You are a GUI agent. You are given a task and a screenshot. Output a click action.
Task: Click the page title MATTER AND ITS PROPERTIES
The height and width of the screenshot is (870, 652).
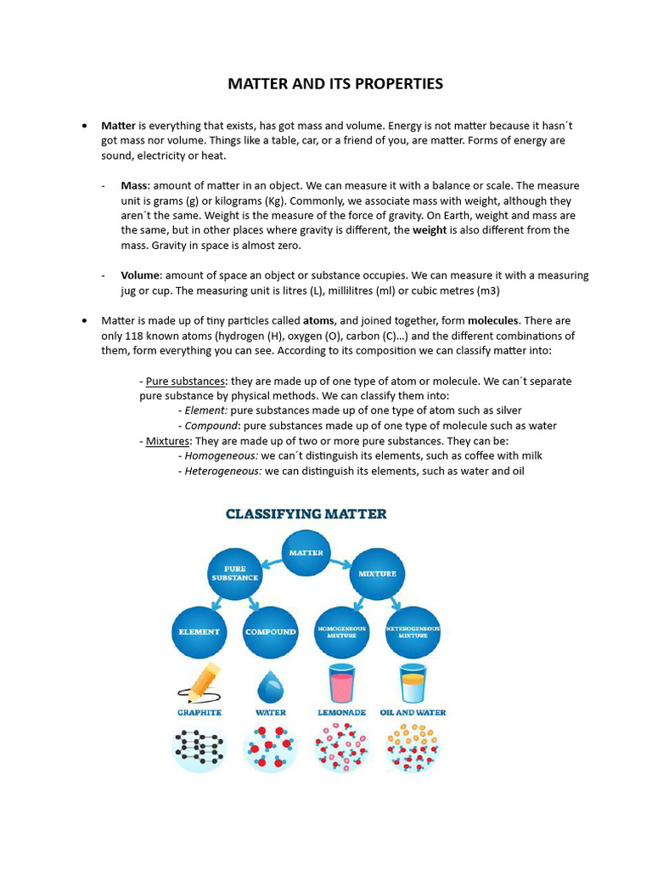click(334, 83)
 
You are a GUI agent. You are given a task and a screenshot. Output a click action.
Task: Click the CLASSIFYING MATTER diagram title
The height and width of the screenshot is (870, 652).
click(306, 513)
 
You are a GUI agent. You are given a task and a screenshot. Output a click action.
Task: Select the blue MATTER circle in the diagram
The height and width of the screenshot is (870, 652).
click(306, 552)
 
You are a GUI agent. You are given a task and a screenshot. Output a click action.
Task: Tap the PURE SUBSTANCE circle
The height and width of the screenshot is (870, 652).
click(234, 573)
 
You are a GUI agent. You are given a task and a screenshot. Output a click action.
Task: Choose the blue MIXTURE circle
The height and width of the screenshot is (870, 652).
click(377, 573)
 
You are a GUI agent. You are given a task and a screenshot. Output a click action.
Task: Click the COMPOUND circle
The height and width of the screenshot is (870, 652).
click(270, 631)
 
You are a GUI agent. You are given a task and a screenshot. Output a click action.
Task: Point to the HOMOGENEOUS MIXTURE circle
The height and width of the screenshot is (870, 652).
click(341, 631)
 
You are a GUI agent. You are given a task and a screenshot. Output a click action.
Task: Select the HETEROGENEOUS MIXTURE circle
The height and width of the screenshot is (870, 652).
click(413, 631)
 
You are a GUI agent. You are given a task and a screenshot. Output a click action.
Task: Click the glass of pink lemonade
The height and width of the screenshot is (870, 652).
click(341, 683)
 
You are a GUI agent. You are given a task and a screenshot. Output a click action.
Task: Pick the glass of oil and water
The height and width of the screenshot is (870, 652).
click(413, 683)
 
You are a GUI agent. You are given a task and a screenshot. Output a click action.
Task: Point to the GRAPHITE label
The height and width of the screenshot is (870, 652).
click(200, 712)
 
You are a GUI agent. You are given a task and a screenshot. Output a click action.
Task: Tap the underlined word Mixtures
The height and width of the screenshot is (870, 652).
click(166, 441)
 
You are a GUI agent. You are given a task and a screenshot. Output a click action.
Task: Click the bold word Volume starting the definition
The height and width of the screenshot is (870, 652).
click(140, 275)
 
